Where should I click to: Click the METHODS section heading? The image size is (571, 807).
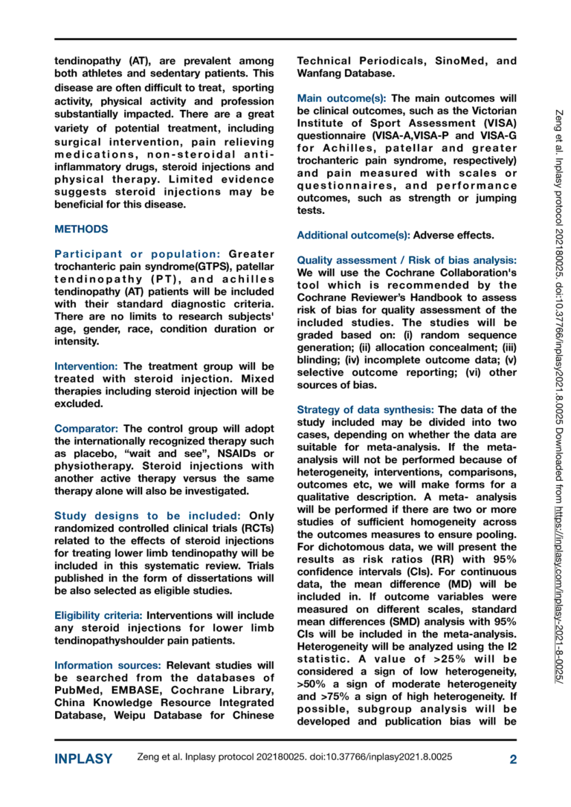pos(81,230)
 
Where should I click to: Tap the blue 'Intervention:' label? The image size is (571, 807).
pos(86,366)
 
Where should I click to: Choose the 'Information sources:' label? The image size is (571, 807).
pos(109,665)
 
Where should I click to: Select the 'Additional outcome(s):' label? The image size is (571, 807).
pos(353,236)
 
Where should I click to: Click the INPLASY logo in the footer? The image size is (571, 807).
pos(83,759)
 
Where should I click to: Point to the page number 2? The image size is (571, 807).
pos(512,759)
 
